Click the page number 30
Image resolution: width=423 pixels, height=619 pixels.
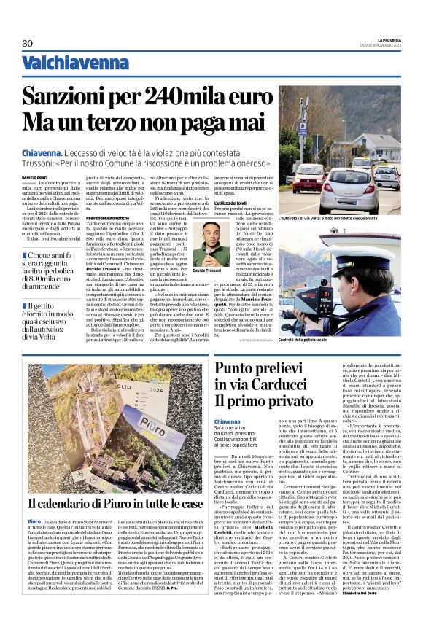click(28, 44)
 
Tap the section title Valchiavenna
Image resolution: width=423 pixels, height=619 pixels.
click(65, 64)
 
